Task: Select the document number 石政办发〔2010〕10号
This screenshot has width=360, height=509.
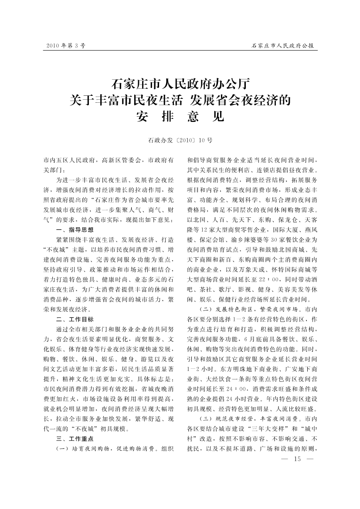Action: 180,141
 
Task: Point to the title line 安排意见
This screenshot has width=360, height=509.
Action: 180,117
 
